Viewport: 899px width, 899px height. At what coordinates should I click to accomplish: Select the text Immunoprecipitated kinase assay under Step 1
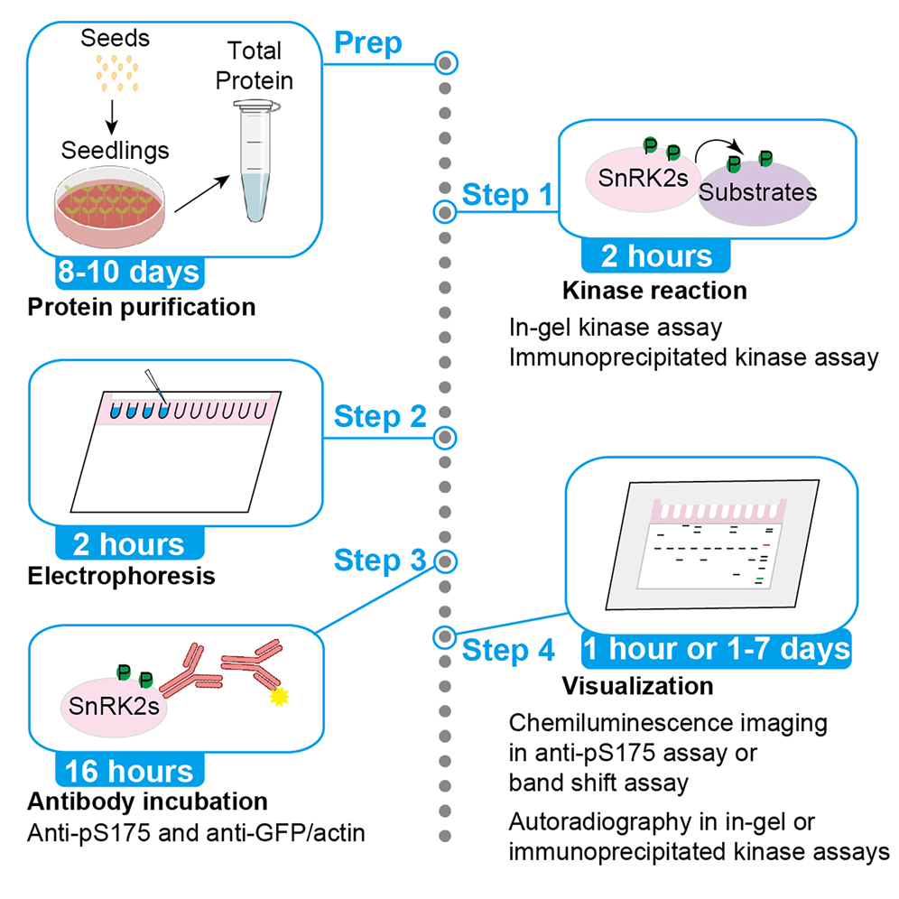click(x=692, y=357)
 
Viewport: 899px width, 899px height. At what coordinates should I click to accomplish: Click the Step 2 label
click(x=379, y=417)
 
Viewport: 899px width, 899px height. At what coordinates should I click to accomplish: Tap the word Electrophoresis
click(x=122, y=575)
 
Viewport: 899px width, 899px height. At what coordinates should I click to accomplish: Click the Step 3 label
click(x=379, y=560)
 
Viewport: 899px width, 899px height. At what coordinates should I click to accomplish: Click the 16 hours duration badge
click(x=128, y=770)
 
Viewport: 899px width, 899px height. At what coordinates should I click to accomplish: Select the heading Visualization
click(x=637, y=686)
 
